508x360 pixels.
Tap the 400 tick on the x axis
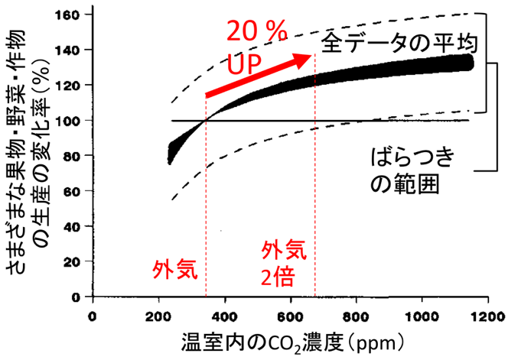click(225, 315)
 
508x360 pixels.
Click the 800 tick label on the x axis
click(357, 315)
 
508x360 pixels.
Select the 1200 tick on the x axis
click(487, 315)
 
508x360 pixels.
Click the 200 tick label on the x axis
click(159, 315)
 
